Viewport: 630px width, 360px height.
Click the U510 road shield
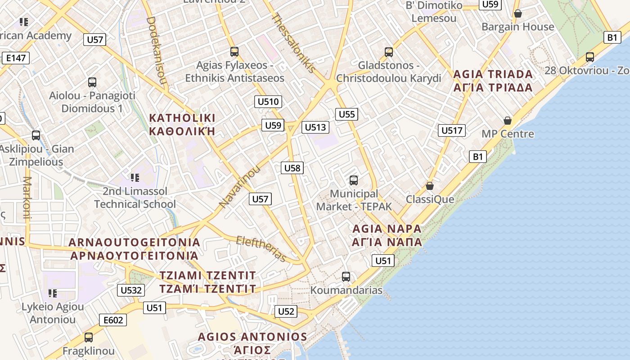(x=268, y=102)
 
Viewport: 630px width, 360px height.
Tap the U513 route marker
(x=315, y=127)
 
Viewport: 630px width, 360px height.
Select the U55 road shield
(x=346, y=114)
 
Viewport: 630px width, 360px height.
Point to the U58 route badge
(x=292, y=168)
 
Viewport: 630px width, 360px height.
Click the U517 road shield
(x=451, y=131)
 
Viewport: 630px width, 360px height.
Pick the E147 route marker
(x=16, y=58)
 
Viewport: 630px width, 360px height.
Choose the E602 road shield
(x=113, y=320)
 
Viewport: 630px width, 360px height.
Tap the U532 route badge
(x=131, y=290)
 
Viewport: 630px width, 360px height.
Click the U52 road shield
(x=286, y=311)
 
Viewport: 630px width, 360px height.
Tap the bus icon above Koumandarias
(x=346, y=276)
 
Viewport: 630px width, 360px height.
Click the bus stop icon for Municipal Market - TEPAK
(x=354, y=180)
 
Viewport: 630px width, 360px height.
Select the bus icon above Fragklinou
(x=89, y=337)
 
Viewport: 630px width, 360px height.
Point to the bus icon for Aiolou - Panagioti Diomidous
(x=92, y=82)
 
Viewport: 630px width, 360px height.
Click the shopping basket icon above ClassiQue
(x=430, y=185)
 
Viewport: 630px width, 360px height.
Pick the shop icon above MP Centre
(x=508, y=121)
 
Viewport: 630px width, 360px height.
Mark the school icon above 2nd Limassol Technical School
(x=134, y=178)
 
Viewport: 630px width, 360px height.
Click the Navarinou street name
(x=239, y=187)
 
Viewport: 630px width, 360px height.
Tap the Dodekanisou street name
(x=157, y=51)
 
